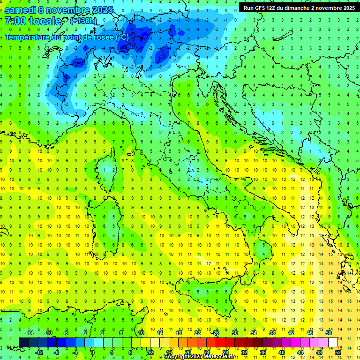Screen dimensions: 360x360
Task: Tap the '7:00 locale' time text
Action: tap(33, 21)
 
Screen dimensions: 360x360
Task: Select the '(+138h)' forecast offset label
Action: tap(83, 21)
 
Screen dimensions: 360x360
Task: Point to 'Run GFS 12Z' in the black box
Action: tap(259, 8)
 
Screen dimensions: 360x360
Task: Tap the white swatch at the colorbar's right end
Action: tap(333, 342)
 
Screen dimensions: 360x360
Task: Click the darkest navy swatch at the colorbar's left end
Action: tap(24, 342)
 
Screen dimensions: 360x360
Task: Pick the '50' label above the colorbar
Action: tap(329, 333)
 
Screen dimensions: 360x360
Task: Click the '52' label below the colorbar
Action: tap(338, 352)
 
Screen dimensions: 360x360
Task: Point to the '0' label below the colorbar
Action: tap(93, 352)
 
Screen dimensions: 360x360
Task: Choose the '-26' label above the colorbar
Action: tap(215, 333)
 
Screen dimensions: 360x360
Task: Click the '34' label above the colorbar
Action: tap(254, 333)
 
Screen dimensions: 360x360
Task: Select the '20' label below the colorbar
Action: tap(187, 352)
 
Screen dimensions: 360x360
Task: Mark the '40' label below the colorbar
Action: tap(282, 352)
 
